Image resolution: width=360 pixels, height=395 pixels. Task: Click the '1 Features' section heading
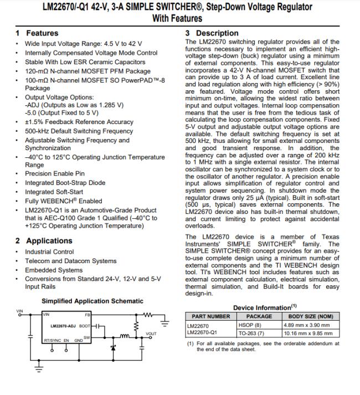[x=38, y=33]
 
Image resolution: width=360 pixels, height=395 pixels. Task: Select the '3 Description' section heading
[x=212, y=33]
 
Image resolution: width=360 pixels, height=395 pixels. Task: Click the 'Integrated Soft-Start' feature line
[x=58, y=192]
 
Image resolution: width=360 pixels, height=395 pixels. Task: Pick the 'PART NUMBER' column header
[x=210, y=316]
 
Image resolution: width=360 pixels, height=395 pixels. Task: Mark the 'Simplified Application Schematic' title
[x=92, y=301]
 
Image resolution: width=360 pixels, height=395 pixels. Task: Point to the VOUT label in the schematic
[x=151, y=334]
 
